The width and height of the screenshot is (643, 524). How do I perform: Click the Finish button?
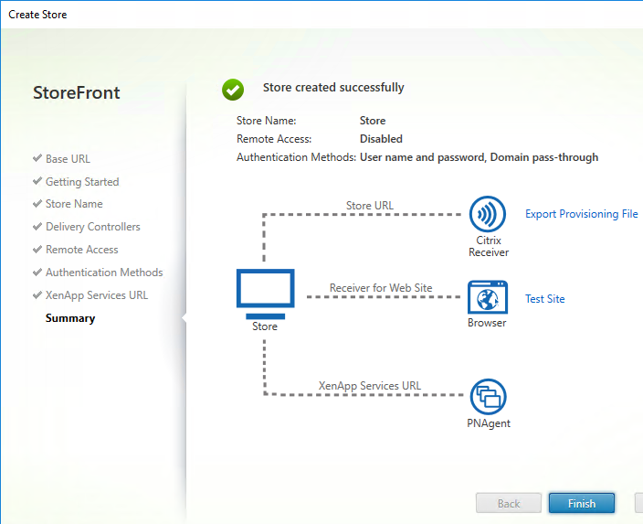click(x=582, y=503)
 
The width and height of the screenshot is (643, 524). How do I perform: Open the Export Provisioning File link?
click(x=582, y=214)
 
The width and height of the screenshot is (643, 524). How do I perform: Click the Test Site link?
click(x=545, y=298)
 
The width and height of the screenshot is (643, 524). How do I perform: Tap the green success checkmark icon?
click(x=233, y=90)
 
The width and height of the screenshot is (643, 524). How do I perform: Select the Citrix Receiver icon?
click(x=488, y=214)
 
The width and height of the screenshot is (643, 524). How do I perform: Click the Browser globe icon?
click(x=488, y=297)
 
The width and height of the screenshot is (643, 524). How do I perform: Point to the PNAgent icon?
click(x=488, y=397)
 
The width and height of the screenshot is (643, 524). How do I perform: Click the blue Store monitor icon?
click(x=265, y=294)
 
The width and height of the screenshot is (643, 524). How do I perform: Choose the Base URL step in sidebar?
click(x=68, y=159)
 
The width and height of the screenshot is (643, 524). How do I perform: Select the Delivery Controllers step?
click(x=92, y=227)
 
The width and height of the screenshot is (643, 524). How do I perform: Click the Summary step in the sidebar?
click(x=70, y=318)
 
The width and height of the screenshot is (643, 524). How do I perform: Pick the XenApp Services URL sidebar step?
click(x=97, y=295)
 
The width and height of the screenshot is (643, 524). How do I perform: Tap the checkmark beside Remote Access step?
click(x=37, y=249)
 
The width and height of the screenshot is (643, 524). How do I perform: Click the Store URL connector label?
click(x=370, y=206)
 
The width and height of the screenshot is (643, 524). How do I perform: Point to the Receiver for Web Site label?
click(x=381, y=288)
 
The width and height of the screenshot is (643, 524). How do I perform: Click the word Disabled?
click(x=381, y=139)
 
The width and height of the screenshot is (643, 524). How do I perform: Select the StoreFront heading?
click(x=77, y=92)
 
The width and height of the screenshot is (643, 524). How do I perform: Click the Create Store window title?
click(x=37, y=15)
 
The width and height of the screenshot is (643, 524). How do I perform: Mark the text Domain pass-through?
click(x=544, y=157)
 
